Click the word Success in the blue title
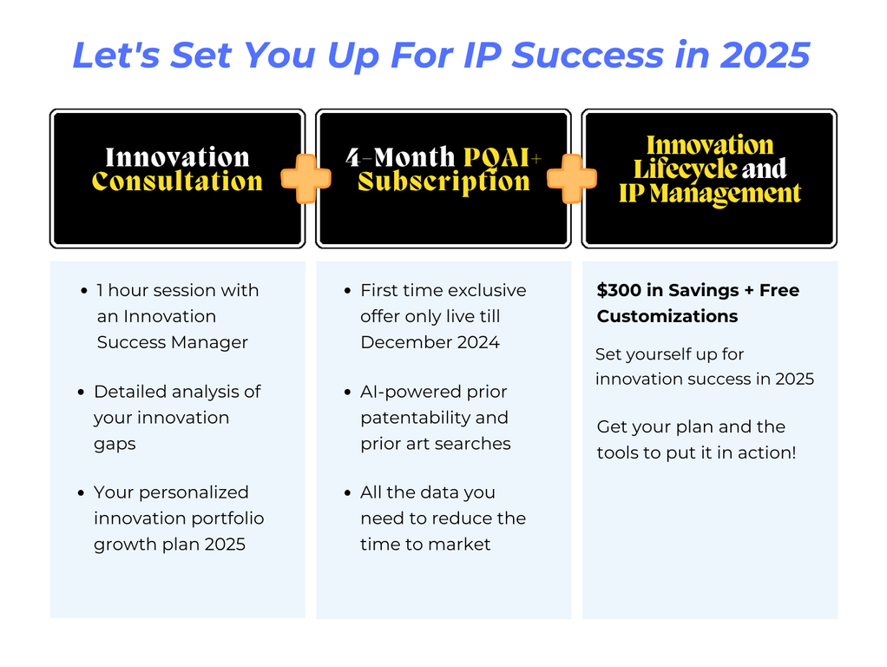tap(588, 55)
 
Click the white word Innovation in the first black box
tap(178, 157)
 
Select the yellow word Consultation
tap(177, 182)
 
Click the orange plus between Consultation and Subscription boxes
tap(306, 178)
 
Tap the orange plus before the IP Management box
tap(571, 178)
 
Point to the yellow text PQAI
tap(496, 157)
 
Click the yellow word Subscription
tap(443, 182)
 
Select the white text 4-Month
tap(400, 157)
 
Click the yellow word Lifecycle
tap(685, 168)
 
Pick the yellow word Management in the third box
tap(726, 194)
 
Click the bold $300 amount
tap(619, 290)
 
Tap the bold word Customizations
tap(667, 316)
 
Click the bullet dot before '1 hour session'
tap(83, 291)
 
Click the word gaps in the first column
tap(115, 445)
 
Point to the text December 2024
tap(430, 342)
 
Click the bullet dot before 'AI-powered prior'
tap(347, 393)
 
